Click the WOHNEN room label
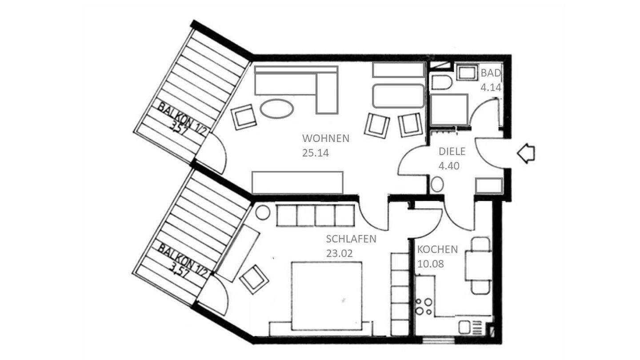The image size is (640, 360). coord(325,138)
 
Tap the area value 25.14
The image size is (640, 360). coord(315,153)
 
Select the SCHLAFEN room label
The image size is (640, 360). coord(351,239)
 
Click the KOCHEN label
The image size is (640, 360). coord(437,249)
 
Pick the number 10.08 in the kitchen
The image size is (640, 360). coord(431,264)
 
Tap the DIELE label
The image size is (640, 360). coord(452,152)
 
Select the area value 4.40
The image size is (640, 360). coord(449,166)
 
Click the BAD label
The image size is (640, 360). coord(491,73)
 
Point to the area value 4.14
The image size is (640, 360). coord(491,88)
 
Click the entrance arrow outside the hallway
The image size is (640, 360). coord(526,154)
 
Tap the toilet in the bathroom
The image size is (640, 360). coord(441,82)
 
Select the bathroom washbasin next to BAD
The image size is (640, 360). coord(466,73)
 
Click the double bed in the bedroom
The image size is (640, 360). coord(326,295)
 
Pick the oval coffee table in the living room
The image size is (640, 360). coord(276,108)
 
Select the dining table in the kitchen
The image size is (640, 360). coord(478,266)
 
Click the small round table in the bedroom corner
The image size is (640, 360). coord(263,212)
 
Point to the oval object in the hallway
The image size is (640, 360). coord(437,184)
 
